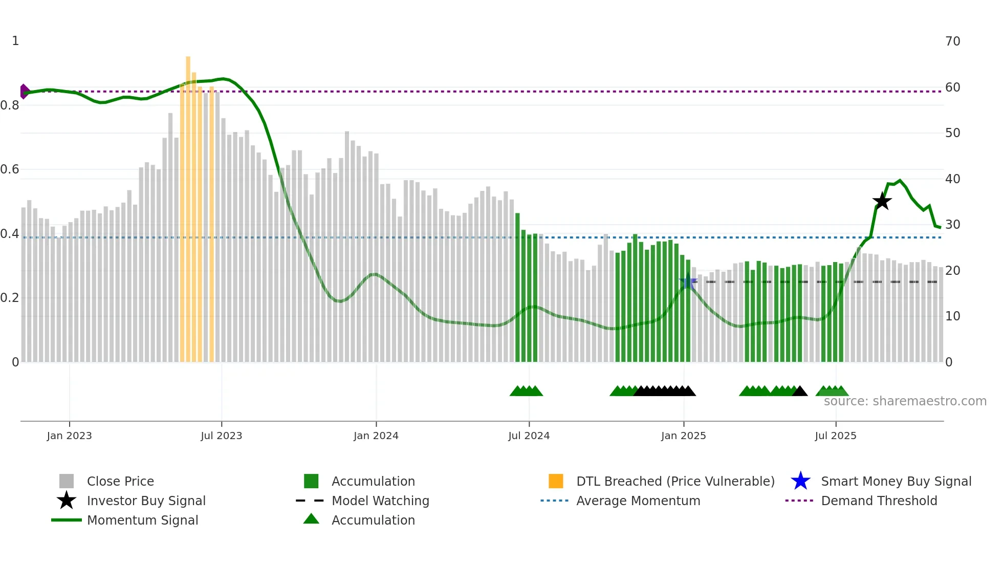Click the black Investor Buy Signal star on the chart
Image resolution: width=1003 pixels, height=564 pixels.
click(x=882, y=201)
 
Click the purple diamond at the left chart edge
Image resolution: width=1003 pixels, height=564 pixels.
click(x=24, y=92)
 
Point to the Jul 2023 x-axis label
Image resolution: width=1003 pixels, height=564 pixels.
click(x=221, y=436)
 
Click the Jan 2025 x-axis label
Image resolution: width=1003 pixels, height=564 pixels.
click(x=683, y=436)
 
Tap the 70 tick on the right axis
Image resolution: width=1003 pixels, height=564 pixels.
click(x=952, y=41)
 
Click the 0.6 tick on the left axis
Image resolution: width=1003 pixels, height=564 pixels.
click(x=10, y=169)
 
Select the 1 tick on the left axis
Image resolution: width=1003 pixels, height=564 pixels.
click(x=15, y=41)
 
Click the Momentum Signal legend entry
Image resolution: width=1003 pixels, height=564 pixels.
click(x=142, y=520)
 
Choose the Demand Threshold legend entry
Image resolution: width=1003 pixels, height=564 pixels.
click(x=879, y=501)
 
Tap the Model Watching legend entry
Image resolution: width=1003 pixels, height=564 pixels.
click(x=380, y=501)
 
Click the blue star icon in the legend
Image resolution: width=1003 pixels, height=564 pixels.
click(x=800, y=481)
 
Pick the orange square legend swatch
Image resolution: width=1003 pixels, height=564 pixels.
click(x=556, y=481)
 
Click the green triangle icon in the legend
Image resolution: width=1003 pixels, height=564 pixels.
click(x=311, y=519)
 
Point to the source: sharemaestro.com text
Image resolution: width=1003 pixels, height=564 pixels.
click(x=905, y=401)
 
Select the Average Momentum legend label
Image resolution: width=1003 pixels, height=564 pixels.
click(x=638, y=501)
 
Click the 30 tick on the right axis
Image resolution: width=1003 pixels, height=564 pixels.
click(x=952, y=225)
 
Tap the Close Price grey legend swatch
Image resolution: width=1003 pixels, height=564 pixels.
click(x=67, y=481)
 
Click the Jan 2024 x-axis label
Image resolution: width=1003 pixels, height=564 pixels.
click(x=376, y=436)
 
